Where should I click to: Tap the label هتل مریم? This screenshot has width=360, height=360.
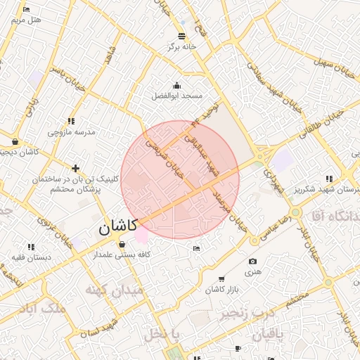pos(27,20)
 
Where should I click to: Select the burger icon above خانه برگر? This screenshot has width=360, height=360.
pos(183,35)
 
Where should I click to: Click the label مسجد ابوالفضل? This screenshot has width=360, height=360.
pos(179,95)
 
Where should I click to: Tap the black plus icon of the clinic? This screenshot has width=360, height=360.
pos(75,168)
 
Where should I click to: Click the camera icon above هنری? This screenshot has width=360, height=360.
pos(252,262)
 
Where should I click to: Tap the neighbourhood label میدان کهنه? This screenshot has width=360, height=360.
pos(114,289)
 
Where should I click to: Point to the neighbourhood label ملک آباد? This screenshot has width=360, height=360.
pos(44,309)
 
